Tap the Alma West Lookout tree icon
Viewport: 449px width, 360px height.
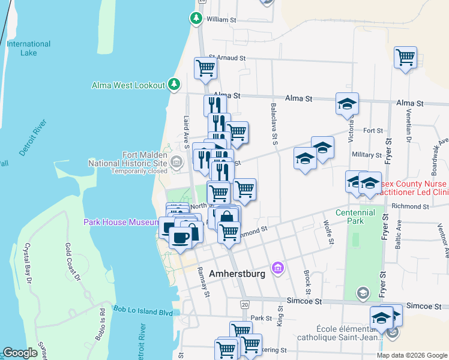174,84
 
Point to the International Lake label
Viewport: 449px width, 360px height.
29,48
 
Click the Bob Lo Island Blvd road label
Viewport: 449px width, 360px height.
142,312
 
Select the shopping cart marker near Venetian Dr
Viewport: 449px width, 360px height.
406,58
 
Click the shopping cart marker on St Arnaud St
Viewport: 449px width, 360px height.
205,68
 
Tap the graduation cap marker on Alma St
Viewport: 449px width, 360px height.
347,104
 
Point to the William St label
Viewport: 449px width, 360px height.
221,19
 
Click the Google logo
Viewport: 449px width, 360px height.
20,353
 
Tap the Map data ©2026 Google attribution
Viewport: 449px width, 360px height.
412,355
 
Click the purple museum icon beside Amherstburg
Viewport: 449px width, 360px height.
277,266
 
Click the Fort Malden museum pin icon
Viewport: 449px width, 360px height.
176,161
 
